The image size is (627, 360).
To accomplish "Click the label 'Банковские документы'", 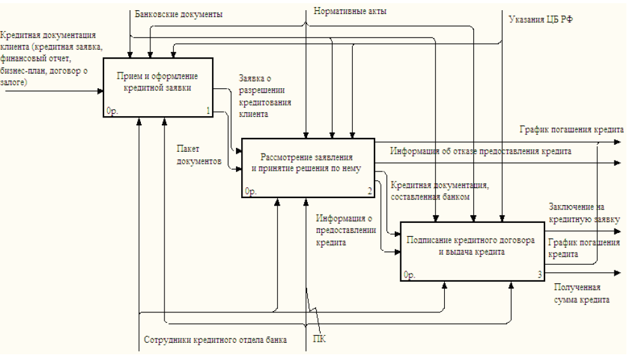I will (179, 13).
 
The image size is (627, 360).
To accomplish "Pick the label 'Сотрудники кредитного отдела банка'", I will (215, 340).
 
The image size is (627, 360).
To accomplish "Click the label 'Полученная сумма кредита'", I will (581, 293).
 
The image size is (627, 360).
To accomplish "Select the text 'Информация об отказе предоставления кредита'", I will (480, 151).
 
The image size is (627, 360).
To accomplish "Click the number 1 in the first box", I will (208, 111).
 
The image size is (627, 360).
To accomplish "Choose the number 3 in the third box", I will (539, 275).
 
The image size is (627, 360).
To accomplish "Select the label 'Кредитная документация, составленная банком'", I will (439, 190).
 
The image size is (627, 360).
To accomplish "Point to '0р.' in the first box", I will (113, 111).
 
